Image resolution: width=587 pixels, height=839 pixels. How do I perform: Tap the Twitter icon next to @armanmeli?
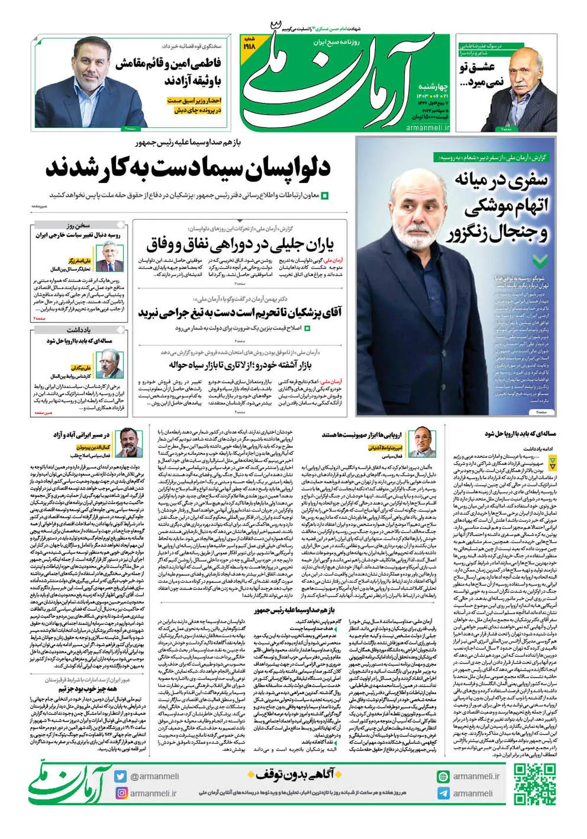[x=121, y=776]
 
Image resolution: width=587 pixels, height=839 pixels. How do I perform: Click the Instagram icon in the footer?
[x=121, y=793]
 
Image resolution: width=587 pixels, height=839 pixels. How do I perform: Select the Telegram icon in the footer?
[x=443, y=793]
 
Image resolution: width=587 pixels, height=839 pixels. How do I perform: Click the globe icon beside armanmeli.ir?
[x=443, y=776]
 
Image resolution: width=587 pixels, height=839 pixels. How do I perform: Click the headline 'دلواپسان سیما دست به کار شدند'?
[x=188, y=168]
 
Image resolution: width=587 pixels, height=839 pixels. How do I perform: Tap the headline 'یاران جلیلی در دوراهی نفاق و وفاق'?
[x=240, y=243]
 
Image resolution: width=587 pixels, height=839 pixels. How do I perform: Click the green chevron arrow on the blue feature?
[x=540, y=260]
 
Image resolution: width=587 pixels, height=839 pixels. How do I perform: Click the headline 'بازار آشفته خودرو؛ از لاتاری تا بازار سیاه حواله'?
[x=240, y=365]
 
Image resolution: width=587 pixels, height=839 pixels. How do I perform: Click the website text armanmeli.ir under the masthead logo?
[x=428, y=127]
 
